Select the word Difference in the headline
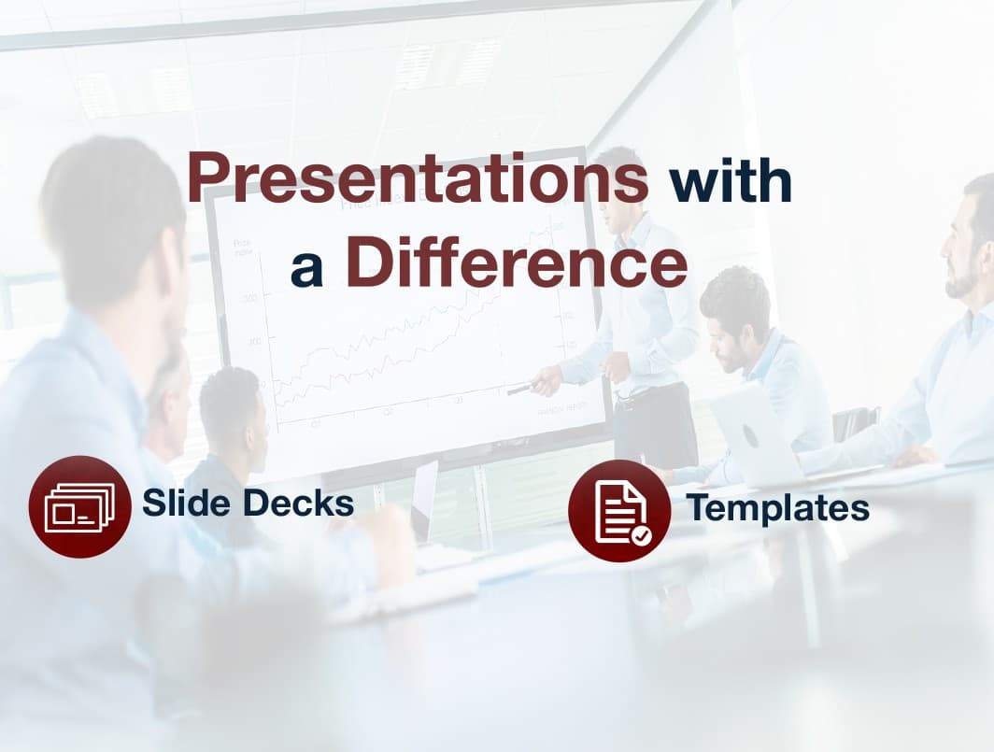(516, 262)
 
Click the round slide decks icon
(80, 506)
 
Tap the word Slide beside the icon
(186, 503)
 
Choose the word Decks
(299, 503)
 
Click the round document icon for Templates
(619, 510)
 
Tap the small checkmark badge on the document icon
(642, 536)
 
